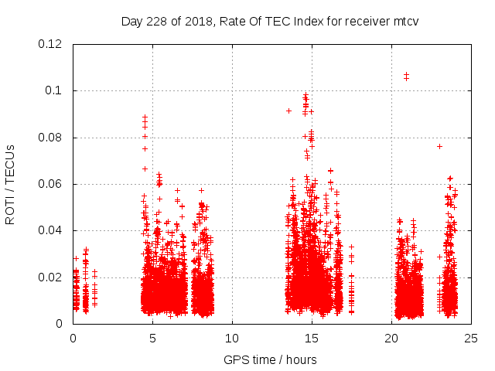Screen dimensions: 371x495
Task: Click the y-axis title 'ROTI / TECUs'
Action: point(10,184)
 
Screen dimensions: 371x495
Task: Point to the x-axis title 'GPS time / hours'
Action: point(270,359)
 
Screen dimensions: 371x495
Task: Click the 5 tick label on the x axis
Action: point(152,338)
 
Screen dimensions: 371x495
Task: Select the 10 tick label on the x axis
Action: point(232,338)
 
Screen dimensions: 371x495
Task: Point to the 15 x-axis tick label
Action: point(312,338)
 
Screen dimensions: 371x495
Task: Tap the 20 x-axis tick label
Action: point(391,338)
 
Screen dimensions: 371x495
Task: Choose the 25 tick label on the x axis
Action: point(471,338)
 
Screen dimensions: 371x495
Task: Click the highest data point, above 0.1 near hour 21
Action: point(406,75)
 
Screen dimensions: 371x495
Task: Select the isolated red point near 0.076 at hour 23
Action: point(439,146)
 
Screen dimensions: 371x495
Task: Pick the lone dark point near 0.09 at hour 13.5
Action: point(288,111)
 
